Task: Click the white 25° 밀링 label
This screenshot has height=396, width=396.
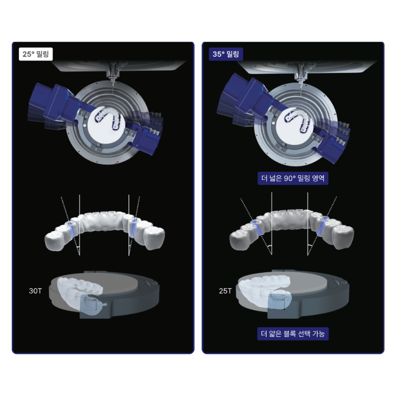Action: (36, 54)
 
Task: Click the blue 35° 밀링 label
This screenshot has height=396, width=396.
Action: (226, 54)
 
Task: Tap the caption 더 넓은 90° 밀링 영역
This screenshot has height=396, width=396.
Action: (293, 178)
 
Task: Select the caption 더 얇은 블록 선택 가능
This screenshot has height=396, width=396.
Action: (293, 334)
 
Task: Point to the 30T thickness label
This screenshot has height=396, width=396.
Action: (35, 291)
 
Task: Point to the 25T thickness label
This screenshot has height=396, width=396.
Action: (225, 291)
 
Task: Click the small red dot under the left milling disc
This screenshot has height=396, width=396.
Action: (116, 163)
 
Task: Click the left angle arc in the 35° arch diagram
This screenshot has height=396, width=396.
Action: (269, 246)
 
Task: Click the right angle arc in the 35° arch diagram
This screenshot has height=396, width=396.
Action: (310, 246)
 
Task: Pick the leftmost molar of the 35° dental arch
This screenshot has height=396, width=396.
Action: (239, 240)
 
